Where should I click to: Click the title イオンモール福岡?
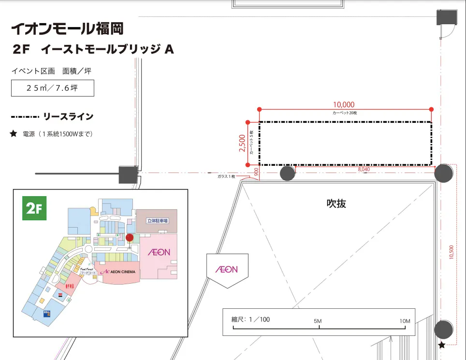[67, 29]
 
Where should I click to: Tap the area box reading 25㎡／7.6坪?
[53, 88]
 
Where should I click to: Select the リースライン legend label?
[68, 117]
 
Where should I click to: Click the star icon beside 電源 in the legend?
[13, 134]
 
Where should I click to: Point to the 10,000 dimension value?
[344, 104]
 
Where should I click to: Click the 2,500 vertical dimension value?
[242, 144]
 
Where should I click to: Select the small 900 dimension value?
[256, 171]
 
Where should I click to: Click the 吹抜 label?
[336, 203]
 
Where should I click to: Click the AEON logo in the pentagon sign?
[226, 269]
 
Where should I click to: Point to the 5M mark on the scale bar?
[318, 321]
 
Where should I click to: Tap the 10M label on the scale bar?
[405, 321]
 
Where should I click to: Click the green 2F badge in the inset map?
[34, 209]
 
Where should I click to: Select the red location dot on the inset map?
[130, 237]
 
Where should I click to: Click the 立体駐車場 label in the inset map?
[158, 220]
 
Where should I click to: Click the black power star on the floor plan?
[441, 345]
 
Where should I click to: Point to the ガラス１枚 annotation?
[226, 176]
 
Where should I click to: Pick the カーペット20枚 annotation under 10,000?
[344, 112]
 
